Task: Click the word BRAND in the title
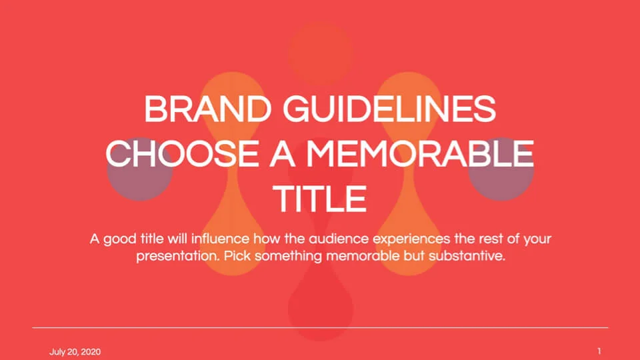coord(208,109)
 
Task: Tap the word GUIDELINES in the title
coord(389,109)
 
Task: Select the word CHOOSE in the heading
coord(182,153)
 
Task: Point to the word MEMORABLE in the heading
coord(421,153)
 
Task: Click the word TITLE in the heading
coord(319,199)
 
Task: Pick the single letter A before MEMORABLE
coord(283,153)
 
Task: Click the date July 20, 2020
coord(75,352)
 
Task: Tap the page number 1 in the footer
coord(599,351)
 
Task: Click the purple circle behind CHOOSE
coord(139,169)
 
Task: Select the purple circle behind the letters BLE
coord(501,169)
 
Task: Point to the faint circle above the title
coord(321,53)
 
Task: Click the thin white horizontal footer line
coord(320,327)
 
